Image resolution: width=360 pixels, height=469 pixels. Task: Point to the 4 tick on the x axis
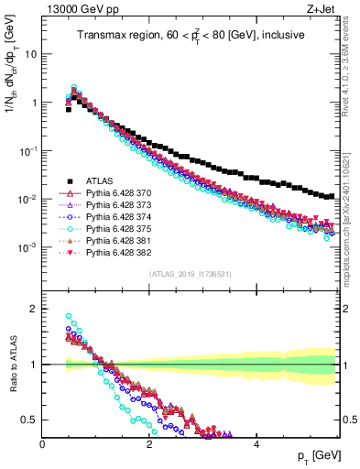(x=256, y=444)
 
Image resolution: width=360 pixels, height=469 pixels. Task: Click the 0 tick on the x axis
(x=43, y=444)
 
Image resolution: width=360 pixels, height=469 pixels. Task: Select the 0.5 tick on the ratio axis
(x=32, y=420)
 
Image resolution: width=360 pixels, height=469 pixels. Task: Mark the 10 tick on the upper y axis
(x=30, y=53)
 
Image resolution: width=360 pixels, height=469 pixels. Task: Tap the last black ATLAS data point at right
(x=332, y=196)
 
